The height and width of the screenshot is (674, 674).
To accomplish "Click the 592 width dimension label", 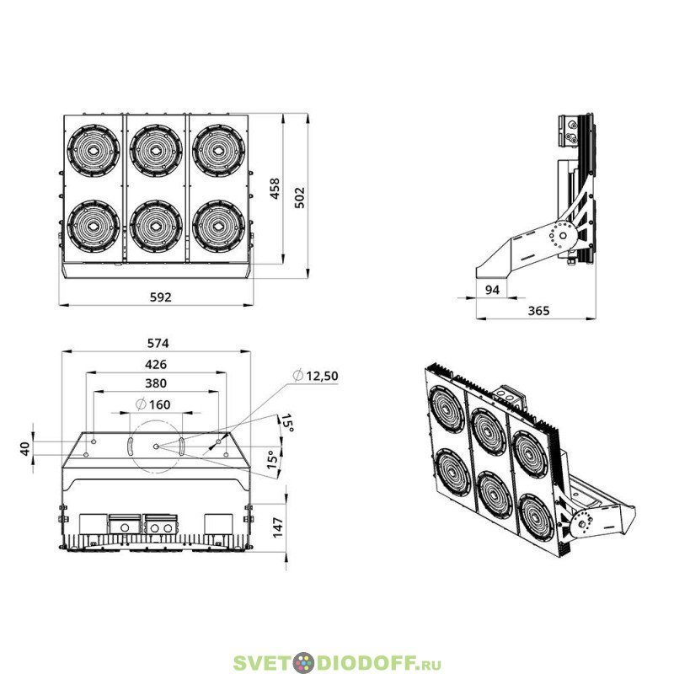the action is pyautogui.click(x=160, y=297).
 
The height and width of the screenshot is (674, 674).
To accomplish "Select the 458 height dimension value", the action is pyautogui.click(x=275, y=188).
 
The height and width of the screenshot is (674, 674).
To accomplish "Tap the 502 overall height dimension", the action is pyautogui.click(x=299, y=197).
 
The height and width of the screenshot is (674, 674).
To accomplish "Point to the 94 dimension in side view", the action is pyautogui.click(x=492, y=290).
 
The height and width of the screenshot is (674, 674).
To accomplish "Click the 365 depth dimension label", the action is pyautogui.click(x=538, y=310).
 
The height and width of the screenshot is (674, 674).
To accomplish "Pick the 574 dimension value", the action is pyautogui.click(x=158, y=343).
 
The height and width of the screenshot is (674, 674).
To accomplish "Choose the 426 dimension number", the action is pyautogui.click(x=156, y=365).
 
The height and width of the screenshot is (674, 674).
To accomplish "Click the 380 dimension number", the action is pyautogui.click(x=156, y=383).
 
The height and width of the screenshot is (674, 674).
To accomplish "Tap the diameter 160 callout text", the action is pyautogui.click(x=153, y=404).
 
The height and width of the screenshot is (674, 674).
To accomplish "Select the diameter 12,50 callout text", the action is pyautogui.click(x=315, y=376).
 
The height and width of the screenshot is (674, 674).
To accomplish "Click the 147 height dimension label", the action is pyautogui.click(x=278, y=527).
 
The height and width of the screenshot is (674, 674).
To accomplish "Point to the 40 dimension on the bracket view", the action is pyautogui.click(x=26, y=448).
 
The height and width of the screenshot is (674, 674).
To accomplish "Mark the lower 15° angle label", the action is pyautogui.click(x=272, y=459).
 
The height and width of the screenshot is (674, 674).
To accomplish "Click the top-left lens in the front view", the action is pyautogui.click(x=94, y=152).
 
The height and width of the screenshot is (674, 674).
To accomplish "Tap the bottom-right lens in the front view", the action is pyautogui.click(x=218, y=226).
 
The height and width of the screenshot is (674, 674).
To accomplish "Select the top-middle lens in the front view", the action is pyautogui.click(x=156, y=152).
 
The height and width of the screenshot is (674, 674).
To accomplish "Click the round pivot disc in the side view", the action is pyautogui.click(x=563, y=236).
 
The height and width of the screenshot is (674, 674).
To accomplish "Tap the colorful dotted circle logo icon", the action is pyautogui.click(x=304, y=663).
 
